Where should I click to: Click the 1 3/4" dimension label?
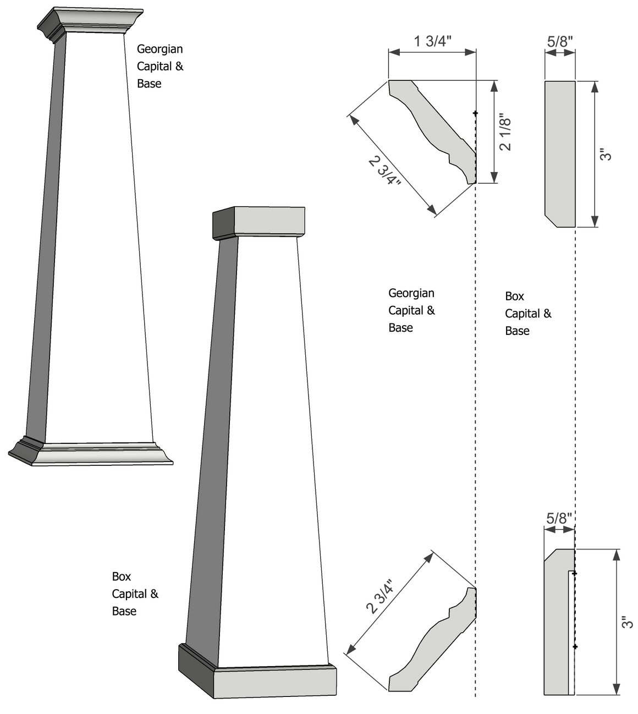coord(432,41)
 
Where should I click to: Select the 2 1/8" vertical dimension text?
coord(505,133)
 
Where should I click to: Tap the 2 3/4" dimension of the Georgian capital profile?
coord(384,171)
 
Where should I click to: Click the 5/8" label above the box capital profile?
coord(560,41)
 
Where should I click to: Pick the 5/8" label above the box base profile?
coord(559,518)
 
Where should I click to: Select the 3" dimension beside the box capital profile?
coord(606,155)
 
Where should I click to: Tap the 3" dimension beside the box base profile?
coord(627,622)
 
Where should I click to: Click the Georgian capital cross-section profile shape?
coord(435,127)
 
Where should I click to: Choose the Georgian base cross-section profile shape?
coord(435,644)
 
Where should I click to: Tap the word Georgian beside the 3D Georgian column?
coord(159,49)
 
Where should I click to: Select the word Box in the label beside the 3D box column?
coord(121,576)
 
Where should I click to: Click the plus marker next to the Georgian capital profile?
coord(475,113)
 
